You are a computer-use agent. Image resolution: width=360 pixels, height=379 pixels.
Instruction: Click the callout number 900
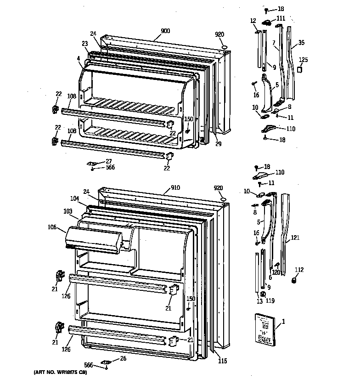[165, 31]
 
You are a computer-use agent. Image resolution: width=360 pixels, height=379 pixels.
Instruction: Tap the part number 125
[304, 60]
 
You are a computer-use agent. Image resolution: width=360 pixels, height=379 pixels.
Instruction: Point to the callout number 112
[299, 270]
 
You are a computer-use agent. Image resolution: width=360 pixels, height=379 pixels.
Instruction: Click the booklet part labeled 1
[265, 328]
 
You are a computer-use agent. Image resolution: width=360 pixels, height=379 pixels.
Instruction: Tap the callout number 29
[219, 144]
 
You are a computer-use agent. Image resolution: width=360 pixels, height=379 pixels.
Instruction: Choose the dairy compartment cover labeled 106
[94, 239]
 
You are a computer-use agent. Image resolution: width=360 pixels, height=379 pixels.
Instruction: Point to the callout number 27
[109, 161]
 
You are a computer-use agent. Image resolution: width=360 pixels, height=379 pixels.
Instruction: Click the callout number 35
[301, 43]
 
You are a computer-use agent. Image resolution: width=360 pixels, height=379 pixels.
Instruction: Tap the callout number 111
[281, 18]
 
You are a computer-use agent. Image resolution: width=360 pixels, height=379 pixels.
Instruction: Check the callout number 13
[259, 301]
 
